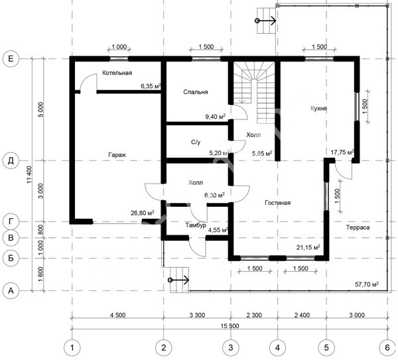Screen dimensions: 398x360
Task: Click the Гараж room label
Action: tap(117, 154)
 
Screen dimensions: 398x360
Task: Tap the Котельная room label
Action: tap(117, 73)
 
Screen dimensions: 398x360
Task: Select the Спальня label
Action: tap(196, 92)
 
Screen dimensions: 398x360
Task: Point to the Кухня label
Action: tap(318, 108)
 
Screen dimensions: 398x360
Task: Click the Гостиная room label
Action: tap(277, 203)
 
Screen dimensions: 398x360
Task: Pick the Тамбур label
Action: tap(196, 225)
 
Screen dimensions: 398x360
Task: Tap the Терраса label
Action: tap(358, 227)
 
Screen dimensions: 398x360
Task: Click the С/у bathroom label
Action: tap(196, 142)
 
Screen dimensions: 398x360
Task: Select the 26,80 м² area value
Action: tap(143, 213)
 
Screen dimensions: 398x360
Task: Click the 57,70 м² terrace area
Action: tap(367, 284)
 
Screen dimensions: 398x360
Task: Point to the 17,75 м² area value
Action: tap(342, 152)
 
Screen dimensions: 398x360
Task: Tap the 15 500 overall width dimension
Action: tap(230, 326)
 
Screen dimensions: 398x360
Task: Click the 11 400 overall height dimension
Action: tap(29, 174)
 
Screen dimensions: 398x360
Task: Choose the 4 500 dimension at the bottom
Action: tap(118, 315)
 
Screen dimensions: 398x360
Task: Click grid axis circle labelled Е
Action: tap(11, 59)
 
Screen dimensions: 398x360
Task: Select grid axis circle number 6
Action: tap(387, 347)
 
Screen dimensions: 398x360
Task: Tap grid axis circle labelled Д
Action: tap(11, 160)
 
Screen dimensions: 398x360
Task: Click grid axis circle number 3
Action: tap(230, 347)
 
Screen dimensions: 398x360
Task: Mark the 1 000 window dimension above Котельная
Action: tap(119, 46)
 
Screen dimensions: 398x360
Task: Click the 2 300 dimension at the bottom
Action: tap(254, 315)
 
